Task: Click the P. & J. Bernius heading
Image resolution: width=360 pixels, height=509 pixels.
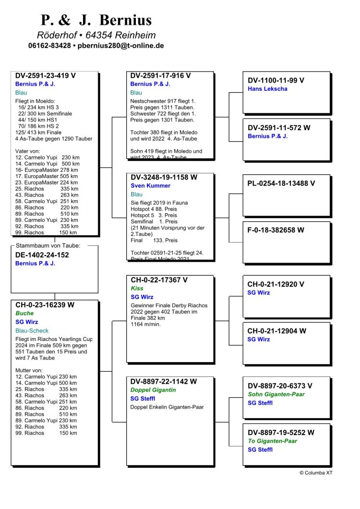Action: (96, 20)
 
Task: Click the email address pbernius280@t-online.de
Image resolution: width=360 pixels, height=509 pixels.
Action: (121, 46)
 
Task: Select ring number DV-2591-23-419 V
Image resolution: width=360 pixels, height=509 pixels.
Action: (46, 76)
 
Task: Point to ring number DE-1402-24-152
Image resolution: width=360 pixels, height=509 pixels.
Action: (42, 255)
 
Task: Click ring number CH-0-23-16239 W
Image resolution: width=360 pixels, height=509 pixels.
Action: (45, 304)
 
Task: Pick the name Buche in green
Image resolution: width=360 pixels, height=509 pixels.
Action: (24, 313)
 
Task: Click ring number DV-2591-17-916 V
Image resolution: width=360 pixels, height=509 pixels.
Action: (161, 75)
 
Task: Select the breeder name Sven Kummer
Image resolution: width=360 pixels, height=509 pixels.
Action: (150, 186)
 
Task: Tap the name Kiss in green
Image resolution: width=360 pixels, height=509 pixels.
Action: (137, 289)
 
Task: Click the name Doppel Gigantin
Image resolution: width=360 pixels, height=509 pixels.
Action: (153, 390)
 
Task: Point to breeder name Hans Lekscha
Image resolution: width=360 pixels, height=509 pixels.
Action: (268, 89)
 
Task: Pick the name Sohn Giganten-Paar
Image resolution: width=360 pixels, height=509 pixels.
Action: (276, 394)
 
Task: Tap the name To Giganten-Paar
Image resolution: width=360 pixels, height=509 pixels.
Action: (272, 441)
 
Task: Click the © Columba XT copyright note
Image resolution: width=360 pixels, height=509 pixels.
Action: (316, 473)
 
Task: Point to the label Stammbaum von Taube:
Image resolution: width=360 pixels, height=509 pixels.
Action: (48, 246)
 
